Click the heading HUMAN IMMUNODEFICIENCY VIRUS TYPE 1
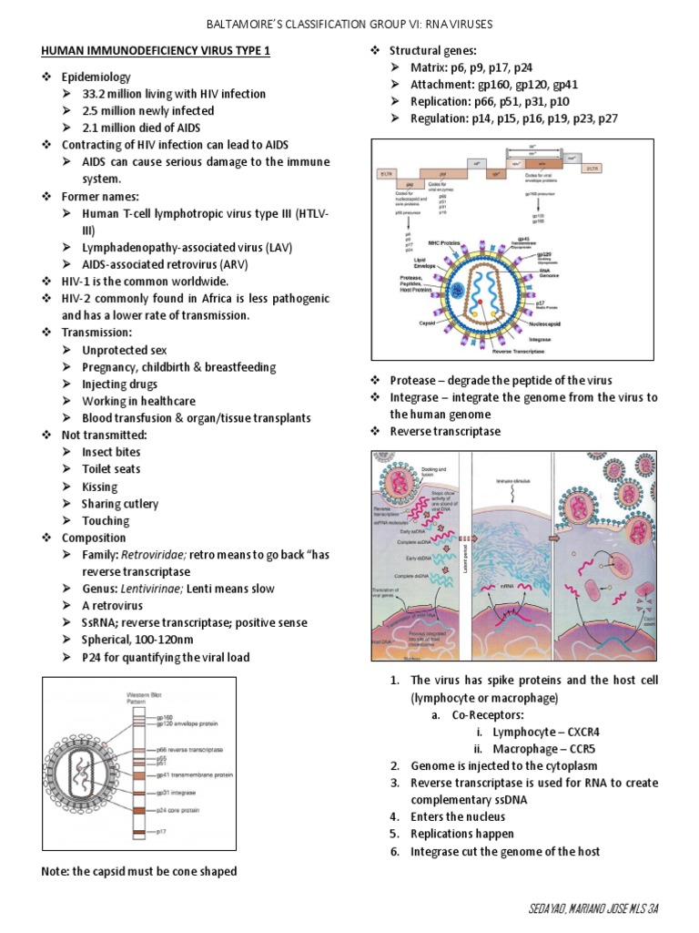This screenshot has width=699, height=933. pos(156,51)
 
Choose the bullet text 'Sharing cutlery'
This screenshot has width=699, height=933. pos(120,504)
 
